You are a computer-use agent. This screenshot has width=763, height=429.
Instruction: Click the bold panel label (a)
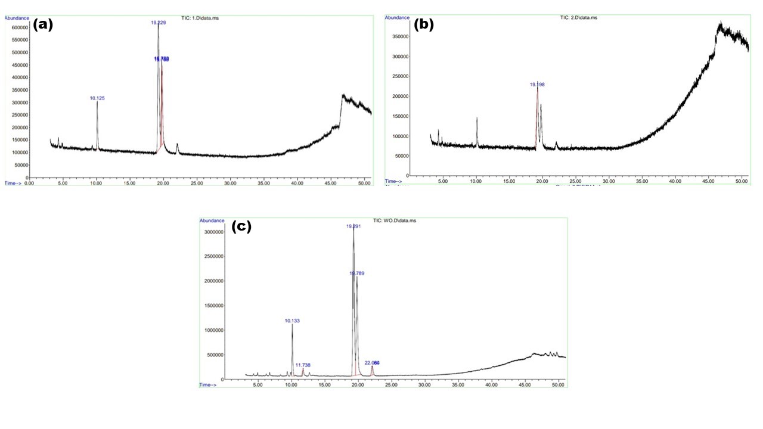(43, 24)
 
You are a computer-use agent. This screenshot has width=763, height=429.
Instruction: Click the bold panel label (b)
(423, 24)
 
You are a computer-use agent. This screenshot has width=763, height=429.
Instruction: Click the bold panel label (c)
(241, 226)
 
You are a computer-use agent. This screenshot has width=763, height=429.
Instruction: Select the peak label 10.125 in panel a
(97, 98)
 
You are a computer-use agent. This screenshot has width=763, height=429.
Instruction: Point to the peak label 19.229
(158, 23)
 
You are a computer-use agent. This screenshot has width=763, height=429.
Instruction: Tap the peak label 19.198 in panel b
(537, 85)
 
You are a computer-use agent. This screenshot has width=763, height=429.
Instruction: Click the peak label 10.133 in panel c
(292, 321)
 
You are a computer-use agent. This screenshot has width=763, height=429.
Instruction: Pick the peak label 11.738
(303, 365)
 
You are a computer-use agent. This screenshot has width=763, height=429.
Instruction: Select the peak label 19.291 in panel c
(354, 226)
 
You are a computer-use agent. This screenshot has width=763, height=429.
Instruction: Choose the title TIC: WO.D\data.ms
(394, 220)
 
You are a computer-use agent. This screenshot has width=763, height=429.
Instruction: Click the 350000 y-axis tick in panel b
(399, 36)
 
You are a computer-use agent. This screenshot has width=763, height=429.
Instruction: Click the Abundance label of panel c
(212, 220)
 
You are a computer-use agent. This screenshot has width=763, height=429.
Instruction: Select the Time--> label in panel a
(13, 183)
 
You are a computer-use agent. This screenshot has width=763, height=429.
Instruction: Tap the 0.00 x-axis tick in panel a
(29, 184)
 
